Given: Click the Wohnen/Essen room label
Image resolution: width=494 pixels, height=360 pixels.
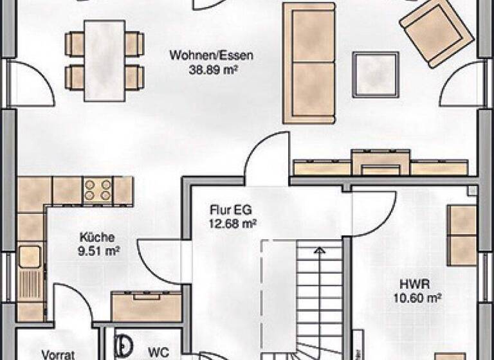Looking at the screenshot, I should point(211,55).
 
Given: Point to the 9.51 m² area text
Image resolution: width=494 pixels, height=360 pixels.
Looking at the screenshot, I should point(99,250).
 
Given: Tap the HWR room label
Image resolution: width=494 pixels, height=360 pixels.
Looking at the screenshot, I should point(417,283).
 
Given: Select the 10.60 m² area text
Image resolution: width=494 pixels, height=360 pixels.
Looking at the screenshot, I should point(417,297).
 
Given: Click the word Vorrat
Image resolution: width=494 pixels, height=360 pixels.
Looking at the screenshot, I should point(59,354).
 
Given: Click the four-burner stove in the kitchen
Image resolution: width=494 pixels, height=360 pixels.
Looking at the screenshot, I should point(98,191).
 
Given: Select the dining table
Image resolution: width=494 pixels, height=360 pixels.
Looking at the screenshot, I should point(105,60).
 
